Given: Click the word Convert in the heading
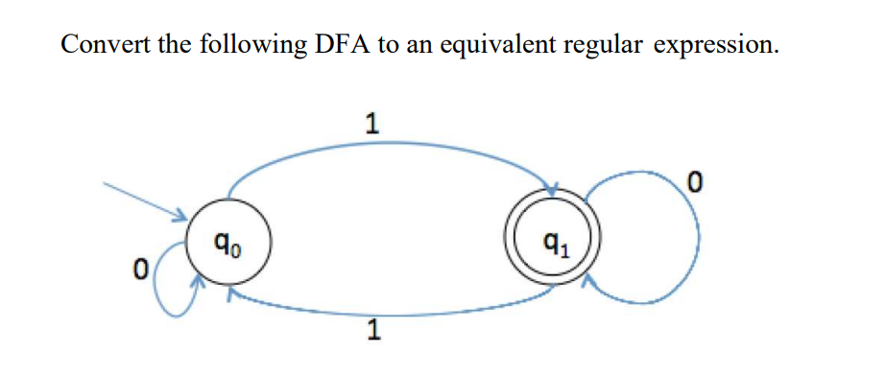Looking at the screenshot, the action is [104, 45].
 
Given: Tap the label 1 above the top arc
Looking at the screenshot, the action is [372, 123].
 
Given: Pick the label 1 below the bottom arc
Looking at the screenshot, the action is [374, 332].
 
